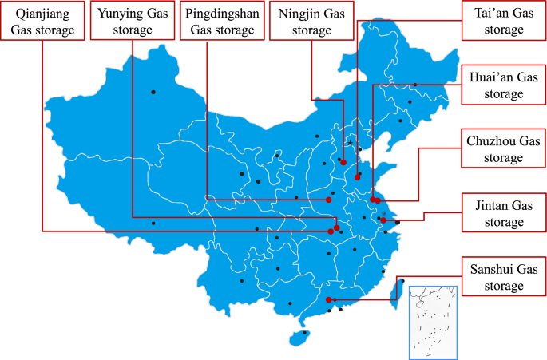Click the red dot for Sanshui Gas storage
click(329, 300)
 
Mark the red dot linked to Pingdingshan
click(328, 200)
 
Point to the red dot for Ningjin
click(343, 162)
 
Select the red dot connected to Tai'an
click(357, 177)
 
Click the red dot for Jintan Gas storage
click(383, 220)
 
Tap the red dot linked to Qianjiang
click(331, 231)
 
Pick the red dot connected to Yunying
click(337, 227)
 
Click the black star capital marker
click(350, 143)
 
